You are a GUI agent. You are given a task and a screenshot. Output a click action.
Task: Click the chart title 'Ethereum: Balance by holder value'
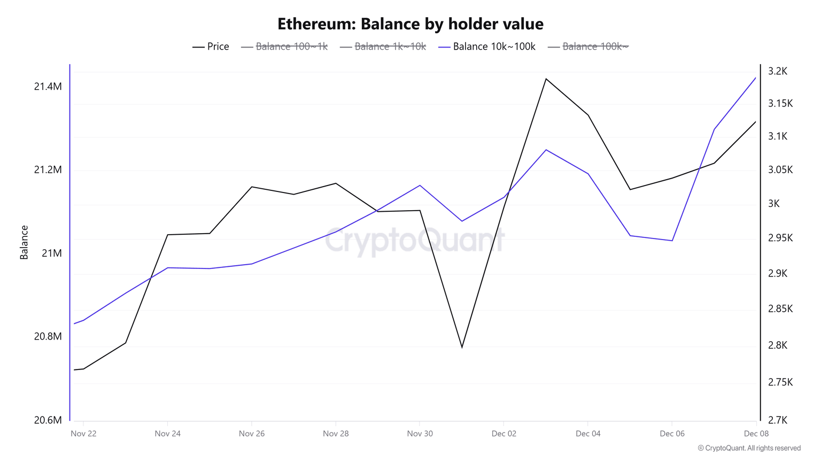click(x=410, y=24)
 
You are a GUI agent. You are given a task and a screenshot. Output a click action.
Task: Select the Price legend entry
click(x=211, y=47)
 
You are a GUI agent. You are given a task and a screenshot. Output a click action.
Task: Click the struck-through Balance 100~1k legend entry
click(x=284, y=47)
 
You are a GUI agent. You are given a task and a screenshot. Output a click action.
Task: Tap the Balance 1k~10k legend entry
click(x=383, y=47)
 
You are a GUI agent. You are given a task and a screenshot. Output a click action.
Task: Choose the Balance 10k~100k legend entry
click(x=487, y=47)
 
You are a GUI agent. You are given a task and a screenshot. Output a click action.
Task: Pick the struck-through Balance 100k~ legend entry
click(x=588, y=47)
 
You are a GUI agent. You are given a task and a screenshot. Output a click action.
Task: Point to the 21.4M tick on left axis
click(x=48, y=87)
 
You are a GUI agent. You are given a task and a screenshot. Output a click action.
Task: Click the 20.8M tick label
click(x=48, y=336)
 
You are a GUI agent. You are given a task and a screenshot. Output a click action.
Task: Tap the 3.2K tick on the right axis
click(x=777, y=71)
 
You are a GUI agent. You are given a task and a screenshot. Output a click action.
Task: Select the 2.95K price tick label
click(x=780, y=238)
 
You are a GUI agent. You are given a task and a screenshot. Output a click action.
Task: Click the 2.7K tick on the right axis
click(x=777, y=420)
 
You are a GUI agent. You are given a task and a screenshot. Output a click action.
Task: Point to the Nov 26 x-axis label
click(x=251, y=434)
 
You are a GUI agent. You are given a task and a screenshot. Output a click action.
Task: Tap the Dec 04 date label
click(x=588, y=434)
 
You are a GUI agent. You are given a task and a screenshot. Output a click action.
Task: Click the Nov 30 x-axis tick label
click(x=420, y=434)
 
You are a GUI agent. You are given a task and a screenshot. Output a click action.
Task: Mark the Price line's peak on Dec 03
click(x=546, y=79)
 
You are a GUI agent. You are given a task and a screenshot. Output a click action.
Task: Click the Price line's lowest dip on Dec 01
click(x=462, y=347)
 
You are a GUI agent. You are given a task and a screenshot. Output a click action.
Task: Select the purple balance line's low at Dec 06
click(x=672, y=241)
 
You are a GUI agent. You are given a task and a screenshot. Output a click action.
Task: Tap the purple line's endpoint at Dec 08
click(x=756, y=78)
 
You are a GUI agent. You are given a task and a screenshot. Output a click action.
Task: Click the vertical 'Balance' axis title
click(x=24, y=242)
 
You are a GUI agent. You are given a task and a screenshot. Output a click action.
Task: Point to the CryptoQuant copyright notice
click(x=749, y=448)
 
